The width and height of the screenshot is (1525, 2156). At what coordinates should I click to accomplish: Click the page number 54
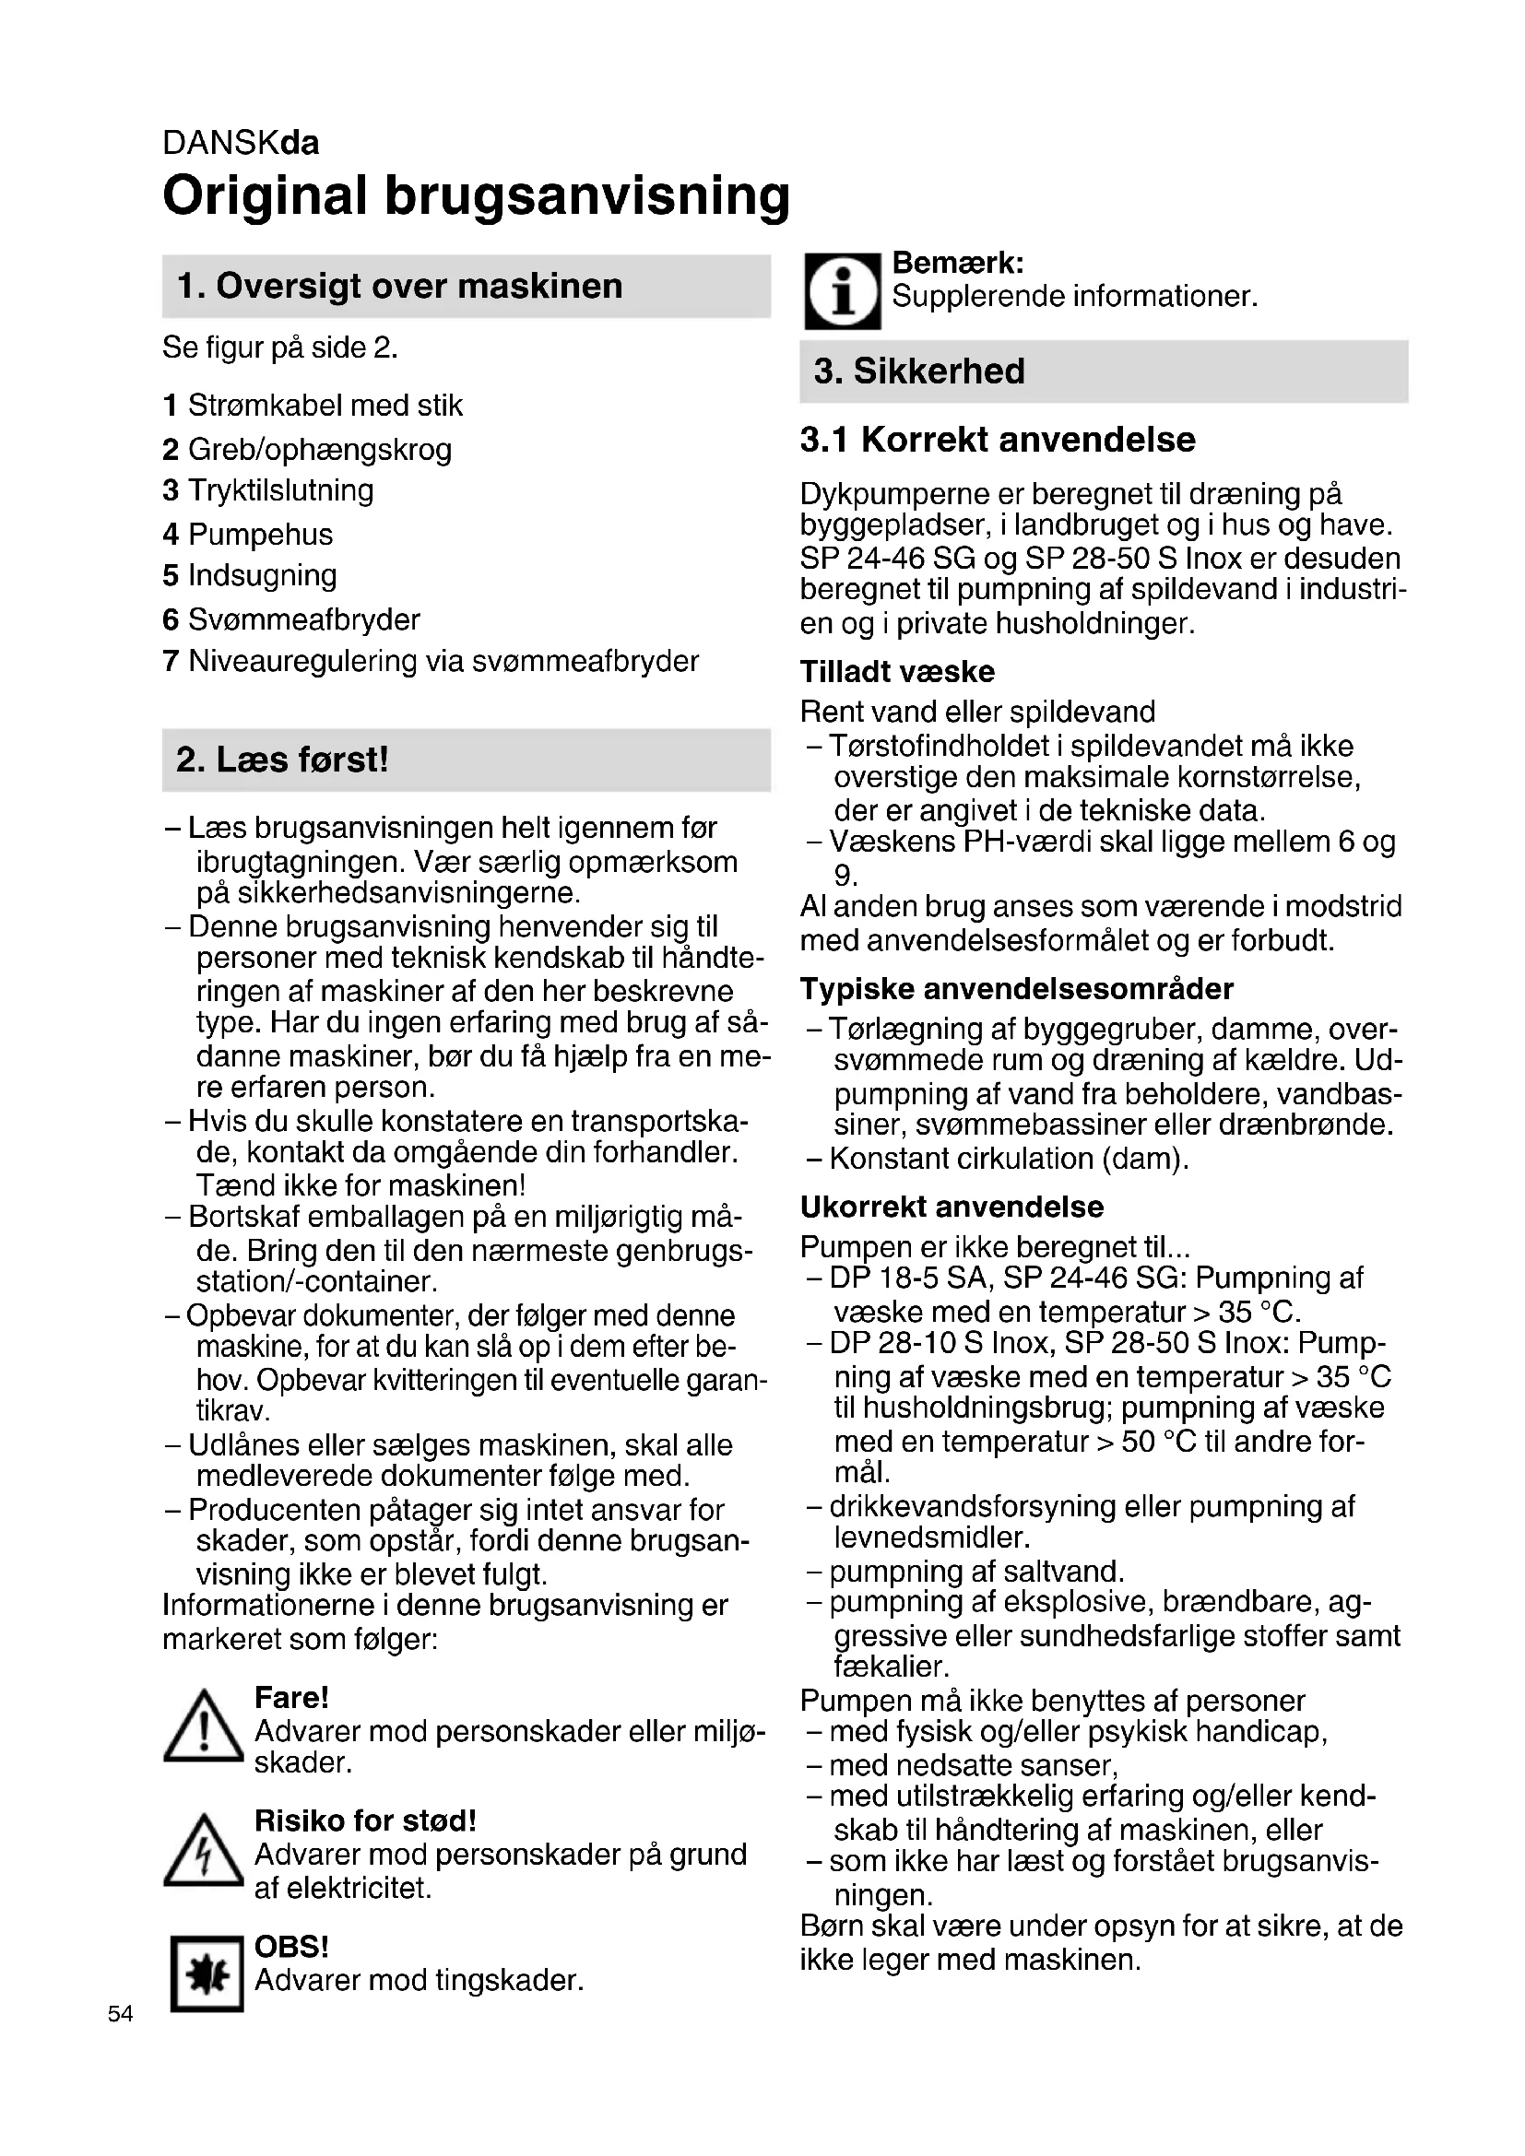[120, 2013]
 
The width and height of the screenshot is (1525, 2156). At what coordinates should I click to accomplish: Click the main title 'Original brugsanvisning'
[476, 196]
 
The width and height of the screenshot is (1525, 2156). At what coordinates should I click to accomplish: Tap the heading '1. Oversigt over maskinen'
[399, 287]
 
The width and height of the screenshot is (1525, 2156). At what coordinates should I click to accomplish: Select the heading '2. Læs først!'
[282, 760]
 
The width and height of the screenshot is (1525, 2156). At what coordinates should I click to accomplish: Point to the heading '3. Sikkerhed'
[919, 371]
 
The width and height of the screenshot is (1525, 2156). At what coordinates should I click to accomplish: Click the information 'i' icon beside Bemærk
[843, 291]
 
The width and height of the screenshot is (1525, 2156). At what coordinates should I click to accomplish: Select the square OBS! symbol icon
[207, 1973]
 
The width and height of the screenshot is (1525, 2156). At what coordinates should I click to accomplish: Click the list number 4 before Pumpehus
[170, 535]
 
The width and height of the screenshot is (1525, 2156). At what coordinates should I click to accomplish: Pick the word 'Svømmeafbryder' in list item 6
[303, 619]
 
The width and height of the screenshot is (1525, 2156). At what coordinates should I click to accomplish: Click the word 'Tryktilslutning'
[281, 490]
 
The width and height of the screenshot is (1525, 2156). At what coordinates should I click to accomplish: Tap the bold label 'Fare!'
[291, 1698]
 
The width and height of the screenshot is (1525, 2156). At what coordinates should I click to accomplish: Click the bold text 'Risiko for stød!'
[365, 1820]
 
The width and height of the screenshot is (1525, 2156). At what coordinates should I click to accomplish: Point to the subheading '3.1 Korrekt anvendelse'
[998, 440]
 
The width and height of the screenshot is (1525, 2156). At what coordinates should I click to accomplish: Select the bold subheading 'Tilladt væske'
[897, 671]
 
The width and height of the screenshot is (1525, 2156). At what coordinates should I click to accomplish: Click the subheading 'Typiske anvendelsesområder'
[1016, 989]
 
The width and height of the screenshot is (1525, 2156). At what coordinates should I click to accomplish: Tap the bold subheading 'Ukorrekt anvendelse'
[952, 1207]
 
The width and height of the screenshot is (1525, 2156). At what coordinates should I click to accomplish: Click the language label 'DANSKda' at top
[241, 143]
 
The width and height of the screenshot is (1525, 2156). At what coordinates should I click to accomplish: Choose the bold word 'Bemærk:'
[957, 262]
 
